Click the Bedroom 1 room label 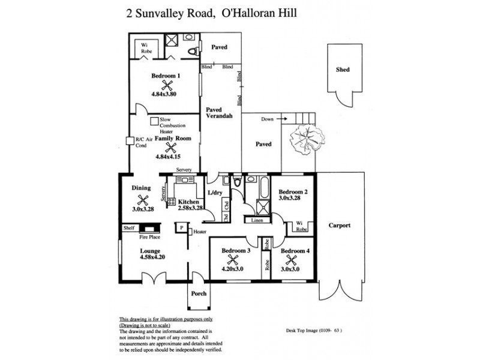coord(166,76)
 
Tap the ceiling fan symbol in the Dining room coord(143,200)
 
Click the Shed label coord(343,70)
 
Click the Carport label coord(340,226)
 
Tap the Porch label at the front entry coord(198,293)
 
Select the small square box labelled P coord(179,227)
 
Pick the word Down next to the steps coord(268,119)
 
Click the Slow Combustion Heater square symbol coord(154,120)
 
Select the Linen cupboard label coord(257,220)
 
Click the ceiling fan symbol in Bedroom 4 coord(292,260)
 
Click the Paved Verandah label coord(218,113)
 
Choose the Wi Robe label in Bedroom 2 coord(300,226)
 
